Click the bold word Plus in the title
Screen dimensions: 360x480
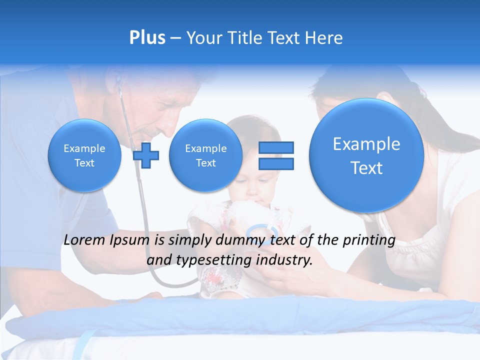pos(147,37)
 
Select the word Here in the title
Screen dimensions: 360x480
pos(324,38)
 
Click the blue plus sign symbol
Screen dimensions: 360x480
pos(146,155)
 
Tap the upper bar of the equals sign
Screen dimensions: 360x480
pos(276,147)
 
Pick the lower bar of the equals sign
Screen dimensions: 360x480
pos(276,163)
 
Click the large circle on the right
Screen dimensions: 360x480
pos(366,155)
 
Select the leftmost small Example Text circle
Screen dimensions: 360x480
pos(84,155)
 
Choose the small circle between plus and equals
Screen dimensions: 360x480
pos(205,155)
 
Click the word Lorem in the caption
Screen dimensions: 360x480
pos(84,240)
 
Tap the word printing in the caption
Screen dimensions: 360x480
pos(370,240)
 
